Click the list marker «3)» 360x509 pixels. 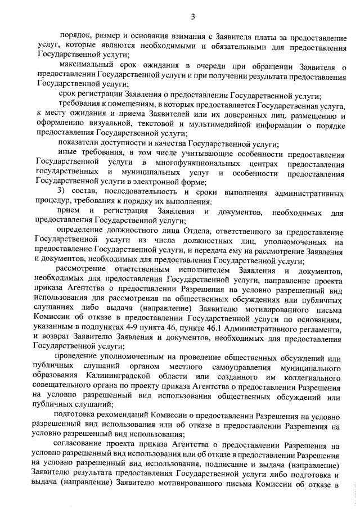[x=62, y=192]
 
